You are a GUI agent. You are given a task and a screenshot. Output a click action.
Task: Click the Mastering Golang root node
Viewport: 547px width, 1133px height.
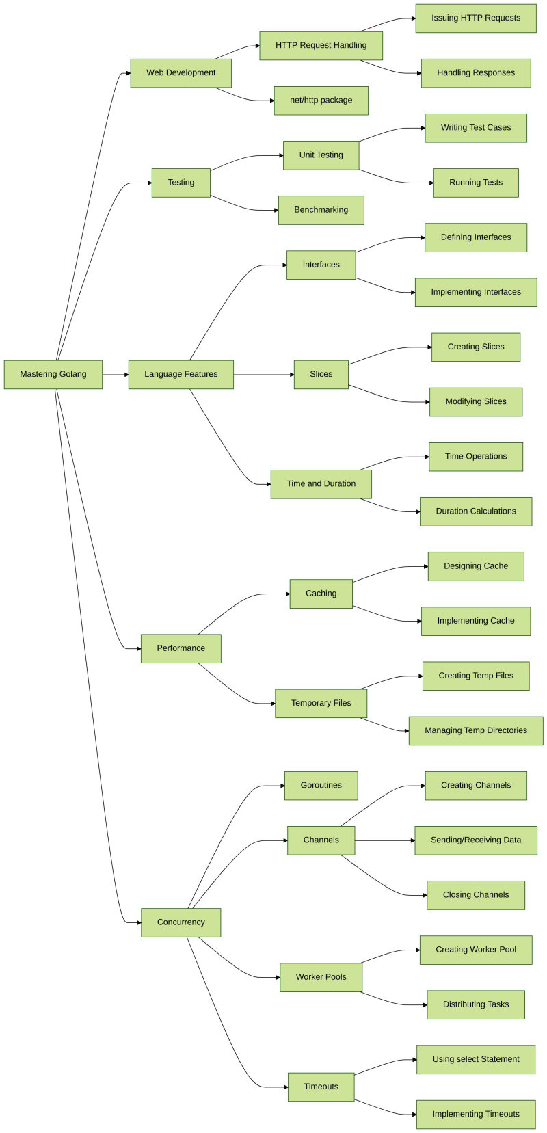click(x=53, y=375)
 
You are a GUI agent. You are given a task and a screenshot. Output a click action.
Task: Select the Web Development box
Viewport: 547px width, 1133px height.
click(x=181, y=73)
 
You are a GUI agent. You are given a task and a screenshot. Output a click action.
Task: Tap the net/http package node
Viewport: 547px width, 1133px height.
click(x=321, y=101)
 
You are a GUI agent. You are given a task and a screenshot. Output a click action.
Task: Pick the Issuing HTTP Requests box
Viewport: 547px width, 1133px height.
click(x=475, y=18)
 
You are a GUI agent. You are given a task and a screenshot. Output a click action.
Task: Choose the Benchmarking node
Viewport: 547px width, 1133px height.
click(x=321, y=210)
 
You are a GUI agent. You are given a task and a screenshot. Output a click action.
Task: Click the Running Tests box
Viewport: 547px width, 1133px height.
click(x=475, y=183)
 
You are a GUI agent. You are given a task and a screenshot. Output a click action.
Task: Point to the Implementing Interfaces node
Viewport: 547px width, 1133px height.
click(x=475, y=292)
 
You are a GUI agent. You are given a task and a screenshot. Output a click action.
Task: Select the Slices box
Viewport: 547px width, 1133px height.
click(x=321, y=375)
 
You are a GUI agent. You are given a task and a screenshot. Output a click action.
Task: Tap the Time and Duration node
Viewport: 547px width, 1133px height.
click(x=321, y=484)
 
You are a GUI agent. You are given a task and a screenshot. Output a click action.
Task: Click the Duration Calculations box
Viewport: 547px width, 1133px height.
click(x=475, y=511)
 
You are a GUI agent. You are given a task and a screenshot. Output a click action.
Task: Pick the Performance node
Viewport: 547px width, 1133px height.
click(x=181, y=648)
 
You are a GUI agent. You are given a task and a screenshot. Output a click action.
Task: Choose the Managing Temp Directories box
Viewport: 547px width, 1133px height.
click(x=475, y=731)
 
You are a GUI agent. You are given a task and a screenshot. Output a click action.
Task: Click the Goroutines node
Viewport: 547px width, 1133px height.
click(x=321, y=786)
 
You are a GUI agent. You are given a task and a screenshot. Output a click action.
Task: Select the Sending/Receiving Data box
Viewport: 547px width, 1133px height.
click(x=475, y=840)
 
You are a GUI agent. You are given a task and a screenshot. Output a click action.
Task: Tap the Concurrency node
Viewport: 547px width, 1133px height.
click(x=181, y=922)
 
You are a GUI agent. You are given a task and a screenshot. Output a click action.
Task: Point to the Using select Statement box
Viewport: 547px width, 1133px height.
click(x=475, y=1059)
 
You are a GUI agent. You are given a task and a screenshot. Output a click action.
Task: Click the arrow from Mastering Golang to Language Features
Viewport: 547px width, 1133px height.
click(x=116, y=375)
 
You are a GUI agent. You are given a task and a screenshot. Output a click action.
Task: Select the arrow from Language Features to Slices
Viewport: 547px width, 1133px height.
click(x=263, y=375)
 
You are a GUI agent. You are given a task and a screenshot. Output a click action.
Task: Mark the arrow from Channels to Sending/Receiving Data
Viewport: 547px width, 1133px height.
click(x=384, y=840)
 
